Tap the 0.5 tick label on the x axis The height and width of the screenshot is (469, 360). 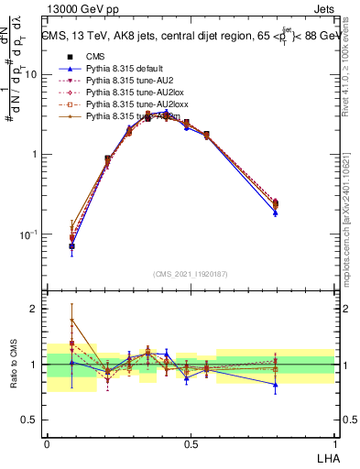[191, 442]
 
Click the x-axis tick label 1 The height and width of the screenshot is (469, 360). [334, 442]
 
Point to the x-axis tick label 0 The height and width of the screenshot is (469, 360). [47, 442]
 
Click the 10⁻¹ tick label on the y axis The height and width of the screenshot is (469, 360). [27, 234]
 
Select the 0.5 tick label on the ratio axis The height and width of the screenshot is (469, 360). [29, 420]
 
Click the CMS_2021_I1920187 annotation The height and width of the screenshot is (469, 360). [191, 274]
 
